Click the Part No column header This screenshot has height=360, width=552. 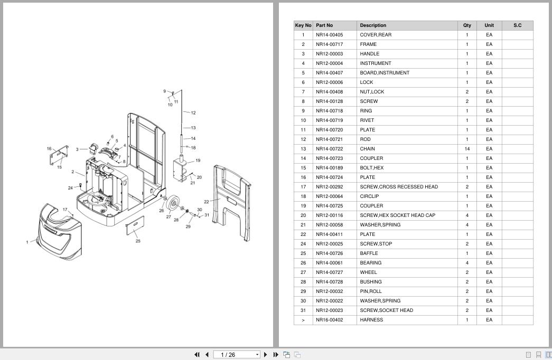pyautogui.click(x=324, y=25)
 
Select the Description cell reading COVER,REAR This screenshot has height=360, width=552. pyautogui.click(x=376, y=35)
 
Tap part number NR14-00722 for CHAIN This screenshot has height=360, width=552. pyautogui.click(x=329, y=149)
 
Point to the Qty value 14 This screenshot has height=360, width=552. pyautogui.click(x=467, y=149)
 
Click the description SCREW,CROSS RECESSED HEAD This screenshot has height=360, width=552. pyautogui.click(x=399, y=187)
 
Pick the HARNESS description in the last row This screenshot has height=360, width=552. pyautogui.click(x=371, y=320)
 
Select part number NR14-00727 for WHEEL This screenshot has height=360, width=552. pyautogui.click(x=329, y=272)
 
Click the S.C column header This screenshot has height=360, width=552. pyautogui.click(x=517, y=25)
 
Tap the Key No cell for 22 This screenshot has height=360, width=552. pyautogui.click(x=303, y=234)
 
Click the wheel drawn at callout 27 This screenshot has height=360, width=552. pyautogui.click(x=174, y=203)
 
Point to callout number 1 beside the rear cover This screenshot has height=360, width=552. pyautogui.click(x=27, y=242)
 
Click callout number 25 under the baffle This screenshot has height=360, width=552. pyautogui.click(x=138, y=241)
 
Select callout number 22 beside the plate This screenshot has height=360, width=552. pyautogui.click(x=207, y=202)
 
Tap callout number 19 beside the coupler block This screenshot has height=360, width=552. pyautogui.click(x=198, y=160)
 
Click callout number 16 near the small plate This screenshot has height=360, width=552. pyautogui.click(x=49, y=148)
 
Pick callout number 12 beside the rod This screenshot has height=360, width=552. pyautogui.click(x=193, y=113)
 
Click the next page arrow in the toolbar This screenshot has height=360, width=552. pyautogui.click(x=266, y=355)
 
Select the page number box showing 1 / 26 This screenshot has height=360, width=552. pyautogui.click(x=237, y=355)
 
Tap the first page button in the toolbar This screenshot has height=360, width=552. pyautogui.click(x=197, y=355)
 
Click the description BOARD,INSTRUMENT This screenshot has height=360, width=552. pyautogui.click(x=385, y=73)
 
